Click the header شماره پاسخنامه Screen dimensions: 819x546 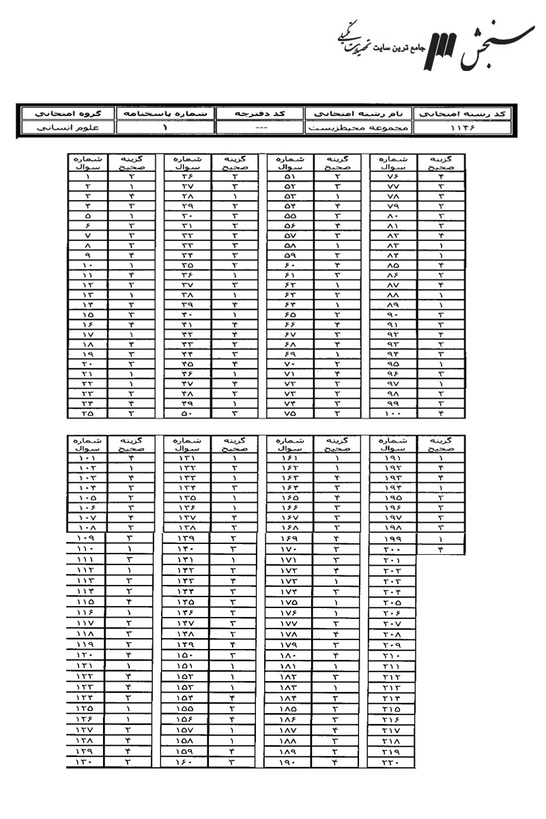pyautogui.click(x=164, y=113)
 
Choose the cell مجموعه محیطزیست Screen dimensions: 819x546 pyautogui.click(x=360, y=127)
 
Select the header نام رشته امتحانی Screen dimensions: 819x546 pyautogui.click(x=360, y=113)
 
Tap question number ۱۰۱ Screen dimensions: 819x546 pyautogui.click(x=90, y=458)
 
